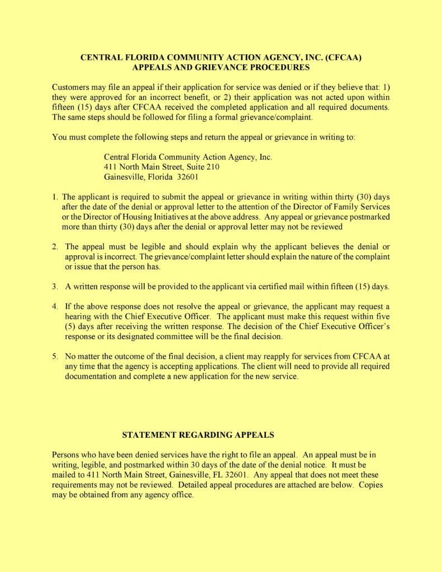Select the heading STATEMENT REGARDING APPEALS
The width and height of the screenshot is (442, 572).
(x=198, y=435)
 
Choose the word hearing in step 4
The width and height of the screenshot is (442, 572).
(x=78, y=317)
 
